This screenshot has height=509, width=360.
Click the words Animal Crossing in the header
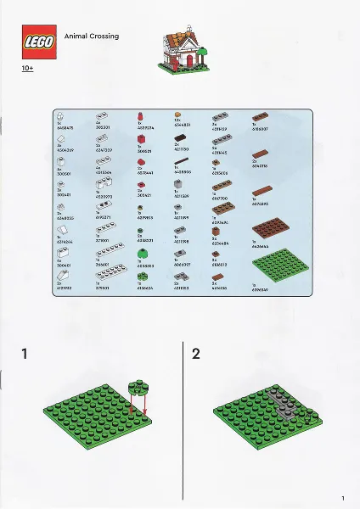91,36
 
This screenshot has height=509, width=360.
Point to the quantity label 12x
177,123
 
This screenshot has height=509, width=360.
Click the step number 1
26,353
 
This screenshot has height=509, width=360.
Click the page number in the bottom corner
341,498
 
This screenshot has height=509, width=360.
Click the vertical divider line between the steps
184,416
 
